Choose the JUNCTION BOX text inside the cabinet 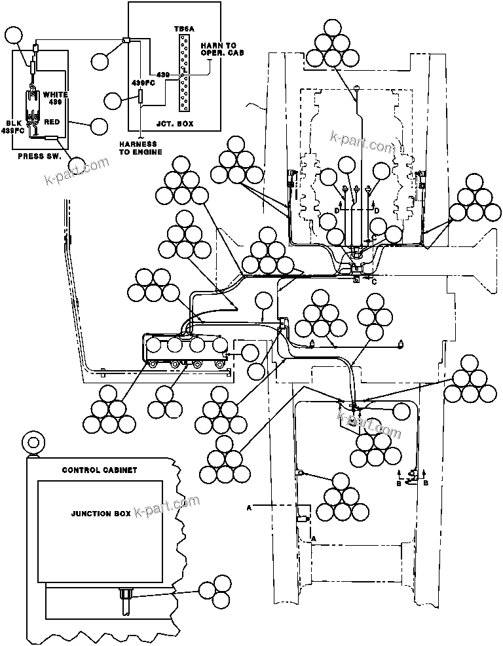100,514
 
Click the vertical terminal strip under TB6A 184,72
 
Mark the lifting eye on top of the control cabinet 29,442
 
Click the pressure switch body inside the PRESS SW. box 31,104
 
